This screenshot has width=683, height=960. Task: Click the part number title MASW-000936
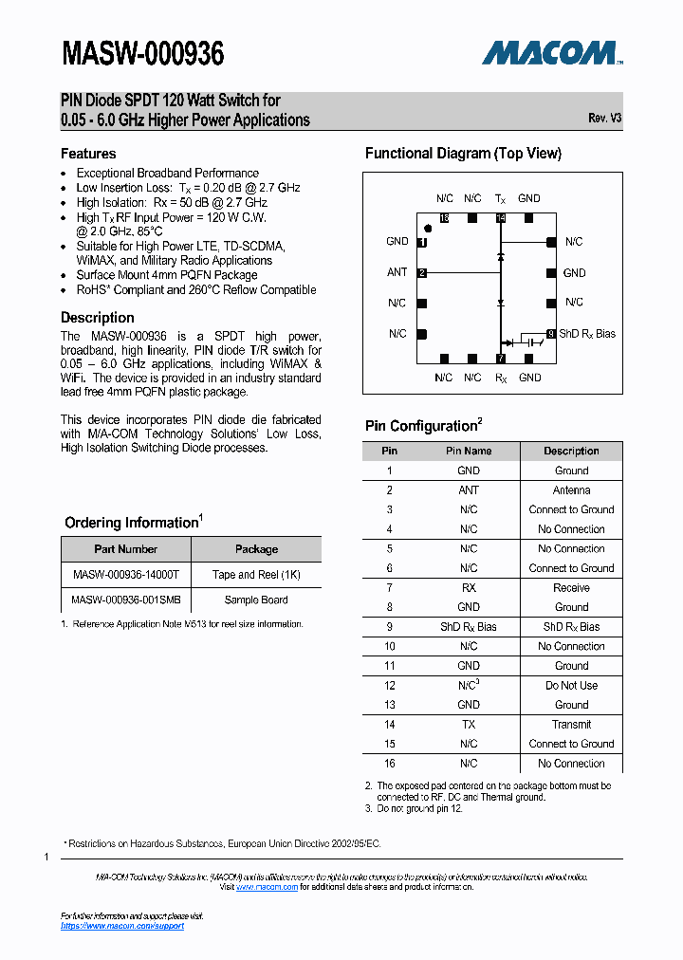coord(143,54)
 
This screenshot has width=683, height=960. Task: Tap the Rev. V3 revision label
coord(604,118)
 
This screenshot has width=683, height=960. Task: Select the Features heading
coord(88,154)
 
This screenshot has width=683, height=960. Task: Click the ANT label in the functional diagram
coord(397,272)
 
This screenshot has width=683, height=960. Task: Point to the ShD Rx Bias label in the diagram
coord(587,334)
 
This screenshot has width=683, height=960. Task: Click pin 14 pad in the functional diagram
coord(500,218)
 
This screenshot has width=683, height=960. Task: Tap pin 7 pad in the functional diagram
coord(500,359)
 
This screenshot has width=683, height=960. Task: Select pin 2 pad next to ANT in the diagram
coord(422,273)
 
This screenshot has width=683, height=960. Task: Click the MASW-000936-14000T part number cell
coord(125,575)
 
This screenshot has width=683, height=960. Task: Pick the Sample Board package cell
coord(256,600)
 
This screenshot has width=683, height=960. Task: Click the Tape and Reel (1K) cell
coord(256,575)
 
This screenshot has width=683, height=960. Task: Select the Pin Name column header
coord(469,451)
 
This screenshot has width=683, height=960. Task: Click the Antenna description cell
coord(571,490)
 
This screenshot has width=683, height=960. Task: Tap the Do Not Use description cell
coord(571,685)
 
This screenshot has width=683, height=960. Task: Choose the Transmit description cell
coord(571,724)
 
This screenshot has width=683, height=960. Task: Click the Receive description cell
coord(571,588)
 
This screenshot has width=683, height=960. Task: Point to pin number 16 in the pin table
coord(389,764)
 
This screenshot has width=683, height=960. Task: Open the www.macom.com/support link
coord(122,926)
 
